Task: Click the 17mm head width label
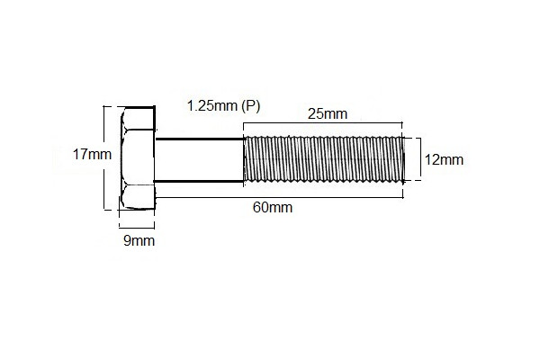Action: (x=92, y=154)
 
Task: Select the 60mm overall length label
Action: (x=272, y=208)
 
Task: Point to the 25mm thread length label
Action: (x=327, y=114)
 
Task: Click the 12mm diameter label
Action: (x=444, y=160)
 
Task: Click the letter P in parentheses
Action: (x=251, y=106)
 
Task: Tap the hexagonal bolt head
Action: (x=138, y=159)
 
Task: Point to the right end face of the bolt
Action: (x=401, y=159)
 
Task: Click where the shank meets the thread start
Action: (x=245, y=160)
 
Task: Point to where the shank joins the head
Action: (x=157, y=160)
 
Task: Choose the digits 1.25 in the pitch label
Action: (x=202, y=106)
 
